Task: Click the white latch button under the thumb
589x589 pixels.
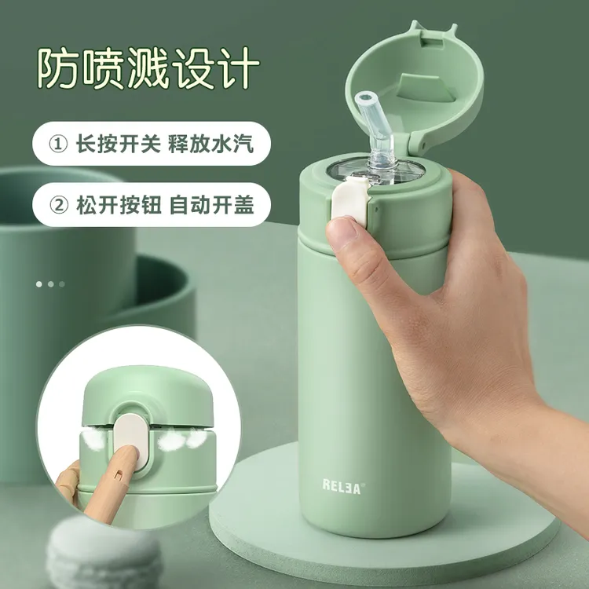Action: (x=350, y=199)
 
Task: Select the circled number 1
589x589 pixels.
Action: (x=59, y=144)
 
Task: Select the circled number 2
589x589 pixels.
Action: (x=59, y=205)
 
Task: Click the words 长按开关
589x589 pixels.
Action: (x=119, y=144)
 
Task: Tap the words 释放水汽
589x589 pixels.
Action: (x=210, y=144)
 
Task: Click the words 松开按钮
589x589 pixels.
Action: (x=119, y=205)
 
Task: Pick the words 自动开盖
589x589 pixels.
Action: (x=211, y=205)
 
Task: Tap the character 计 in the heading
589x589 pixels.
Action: (x=240, y=68)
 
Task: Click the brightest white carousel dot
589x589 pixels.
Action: (x=39, y=284)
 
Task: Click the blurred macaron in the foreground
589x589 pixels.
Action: (x=104, y=552)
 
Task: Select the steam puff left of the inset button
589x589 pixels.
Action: (x=94, y=441)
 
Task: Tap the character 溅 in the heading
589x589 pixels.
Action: (x=148, y=68)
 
